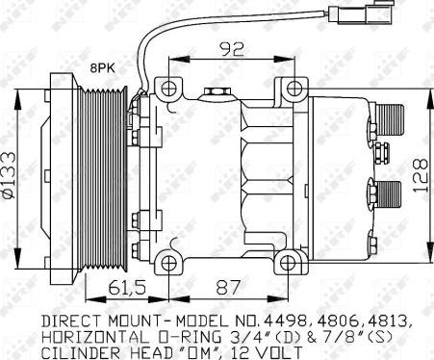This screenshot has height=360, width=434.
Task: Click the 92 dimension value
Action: (232, 49)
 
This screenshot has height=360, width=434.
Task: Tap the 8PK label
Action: (102, 68)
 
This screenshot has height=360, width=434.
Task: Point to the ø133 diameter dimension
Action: (9, 174)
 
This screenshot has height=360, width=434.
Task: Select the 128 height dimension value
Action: (421, 174)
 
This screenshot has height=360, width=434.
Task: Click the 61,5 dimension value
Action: (127, 287)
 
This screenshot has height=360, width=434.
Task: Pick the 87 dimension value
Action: (228, 287)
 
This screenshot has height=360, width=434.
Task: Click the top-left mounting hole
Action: (168, 89)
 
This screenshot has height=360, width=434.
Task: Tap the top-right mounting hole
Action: (294, 88)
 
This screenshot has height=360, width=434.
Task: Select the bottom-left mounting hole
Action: (168, 264)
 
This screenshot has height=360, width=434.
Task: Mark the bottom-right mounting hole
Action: (288, 264)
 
